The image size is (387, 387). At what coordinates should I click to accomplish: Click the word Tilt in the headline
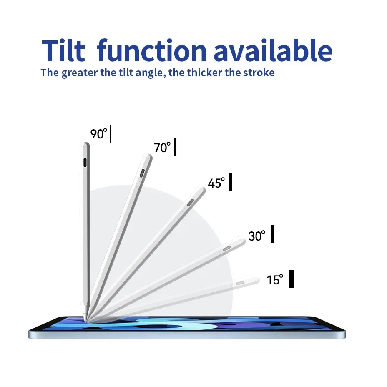[x=63, y=50]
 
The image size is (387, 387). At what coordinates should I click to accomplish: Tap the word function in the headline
[x=151, y=50]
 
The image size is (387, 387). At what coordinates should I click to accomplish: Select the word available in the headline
[x=273, y=50]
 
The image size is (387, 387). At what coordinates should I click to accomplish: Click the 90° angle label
[x=99, y=134]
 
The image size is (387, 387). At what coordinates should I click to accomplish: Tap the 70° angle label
[x=162, y=148]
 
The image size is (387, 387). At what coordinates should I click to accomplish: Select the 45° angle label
[x=216, y=183]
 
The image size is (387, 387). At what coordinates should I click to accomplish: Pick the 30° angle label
[x=257, y=236]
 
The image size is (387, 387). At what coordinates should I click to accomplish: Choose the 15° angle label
[x=275, y=280]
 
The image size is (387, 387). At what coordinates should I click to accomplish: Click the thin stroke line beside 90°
[x=110, y=133]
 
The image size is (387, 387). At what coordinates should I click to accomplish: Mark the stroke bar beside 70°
[x=175, y=147]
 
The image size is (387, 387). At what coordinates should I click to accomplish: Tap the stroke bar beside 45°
[x=230, y=182]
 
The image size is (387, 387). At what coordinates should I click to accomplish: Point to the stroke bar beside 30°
[x=272, y=234]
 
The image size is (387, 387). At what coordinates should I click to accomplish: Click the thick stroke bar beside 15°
[x=291, y=279]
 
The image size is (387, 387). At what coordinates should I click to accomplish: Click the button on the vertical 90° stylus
[x=85, y=163]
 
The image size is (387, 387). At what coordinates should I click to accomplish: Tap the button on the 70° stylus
[x=142, y=173]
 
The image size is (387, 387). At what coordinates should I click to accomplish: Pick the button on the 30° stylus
[x=227, y=248]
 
